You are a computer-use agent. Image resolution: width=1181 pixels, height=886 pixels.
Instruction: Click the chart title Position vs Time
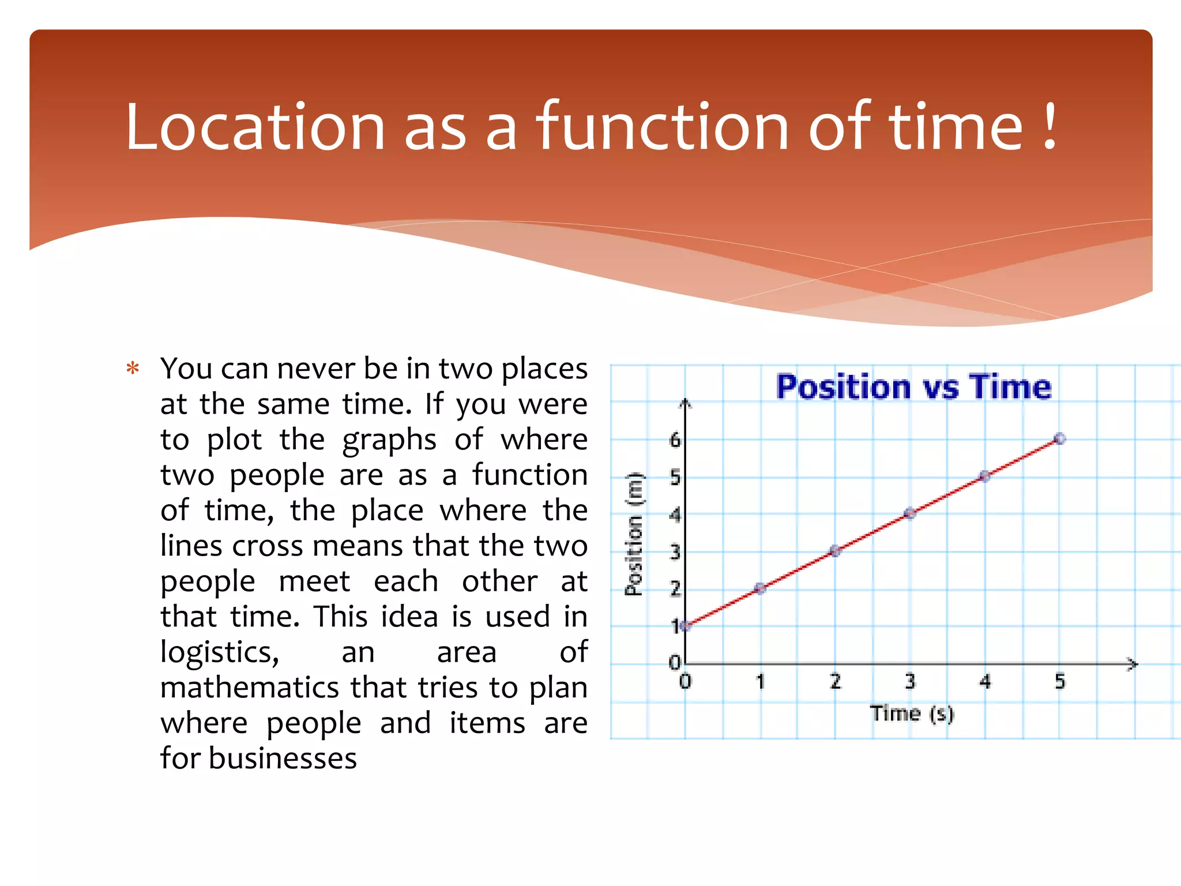pos(913,386)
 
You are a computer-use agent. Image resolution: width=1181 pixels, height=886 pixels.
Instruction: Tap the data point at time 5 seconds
pos(1059,439)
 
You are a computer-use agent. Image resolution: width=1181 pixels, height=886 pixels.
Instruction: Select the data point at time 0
pos(685,626)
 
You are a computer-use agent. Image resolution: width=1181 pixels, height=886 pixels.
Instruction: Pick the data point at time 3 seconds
pos(910,513)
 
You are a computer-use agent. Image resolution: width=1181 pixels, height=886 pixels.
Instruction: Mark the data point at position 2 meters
pos(760,588)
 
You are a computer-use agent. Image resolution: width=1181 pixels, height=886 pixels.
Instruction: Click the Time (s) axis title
pos(912,714)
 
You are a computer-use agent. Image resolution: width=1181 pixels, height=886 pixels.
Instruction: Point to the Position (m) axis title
pos(634,534)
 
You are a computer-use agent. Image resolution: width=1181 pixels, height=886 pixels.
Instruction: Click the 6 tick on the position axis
pos(675,441)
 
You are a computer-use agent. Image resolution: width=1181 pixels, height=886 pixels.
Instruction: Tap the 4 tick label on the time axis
pos(985,682)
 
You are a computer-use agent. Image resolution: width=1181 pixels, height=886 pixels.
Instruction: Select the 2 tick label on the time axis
pos(835,682)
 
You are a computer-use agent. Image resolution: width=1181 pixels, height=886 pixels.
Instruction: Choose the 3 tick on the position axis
pos(675,553)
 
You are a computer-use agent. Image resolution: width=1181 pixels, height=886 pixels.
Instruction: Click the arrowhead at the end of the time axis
pos(1133,664)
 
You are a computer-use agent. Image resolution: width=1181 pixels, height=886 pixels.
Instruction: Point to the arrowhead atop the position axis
pos(685,403)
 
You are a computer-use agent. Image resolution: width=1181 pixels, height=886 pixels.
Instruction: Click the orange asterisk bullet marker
pos(133,369)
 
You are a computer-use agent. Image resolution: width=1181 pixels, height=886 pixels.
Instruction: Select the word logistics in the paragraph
pos(220,652)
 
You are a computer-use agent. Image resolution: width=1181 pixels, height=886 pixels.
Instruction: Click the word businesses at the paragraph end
pos(283,759)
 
